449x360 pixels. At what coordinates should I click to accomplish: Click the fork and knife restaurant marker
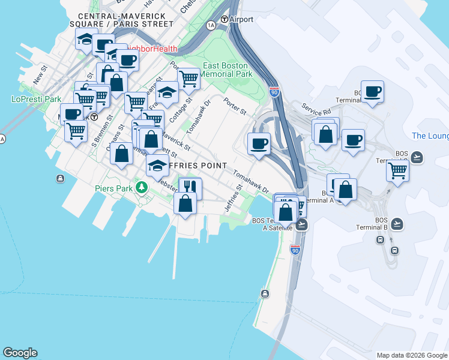190,188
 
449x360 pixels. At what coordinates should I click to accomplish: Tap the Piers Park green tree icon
142,188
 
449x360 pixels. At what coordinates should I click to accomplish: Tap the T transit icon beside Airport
224,19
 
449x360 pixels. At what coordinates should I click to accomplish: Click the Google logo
20,353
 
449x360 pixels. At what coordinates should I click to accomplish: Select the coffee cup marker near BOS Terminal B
372,92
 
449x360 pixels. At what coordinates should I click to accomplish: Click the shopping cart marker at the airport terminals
397,170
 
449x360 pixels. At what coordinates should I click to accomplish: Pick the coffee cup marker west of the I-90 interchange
259,144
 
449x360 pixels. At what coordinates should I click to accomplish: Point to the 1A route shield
211,25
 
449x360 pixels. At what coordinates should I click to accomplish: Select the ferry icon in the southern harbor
265,293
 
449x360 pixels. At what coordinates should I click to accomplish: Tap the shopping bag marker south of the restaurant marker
185,203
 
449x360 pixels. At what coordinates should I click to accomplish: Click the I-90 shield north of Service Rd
274,91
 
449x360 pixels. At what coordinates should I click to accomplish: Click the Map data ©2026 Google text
412,355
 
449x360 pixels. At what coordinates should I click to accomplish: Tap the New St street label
40,75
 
